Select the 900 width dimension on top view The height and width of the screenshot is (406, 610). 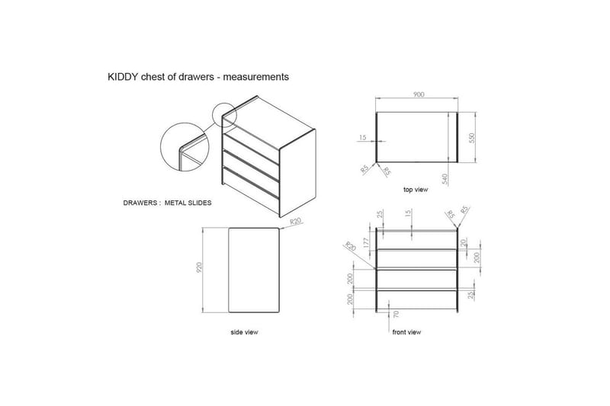tap(418, 94)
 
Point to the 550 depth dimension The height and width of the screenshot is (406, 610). tap(472, 138)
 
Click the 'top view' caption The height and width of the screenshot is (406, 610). tap(417, 190)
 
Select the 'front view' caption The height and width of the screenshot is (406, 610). tap(406, 332)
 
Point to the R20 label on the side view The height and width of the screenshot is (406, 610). tap(296, 222)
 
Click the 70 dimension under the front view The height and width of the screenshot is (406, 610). tap(396, 314)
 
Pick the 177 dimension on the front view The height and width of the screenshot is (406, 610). tap(367, 243)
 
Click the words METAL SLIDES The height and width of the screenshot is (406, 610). tap(189, 203)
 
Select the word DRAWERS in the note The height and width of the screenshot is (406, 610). tap(141, 203)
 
